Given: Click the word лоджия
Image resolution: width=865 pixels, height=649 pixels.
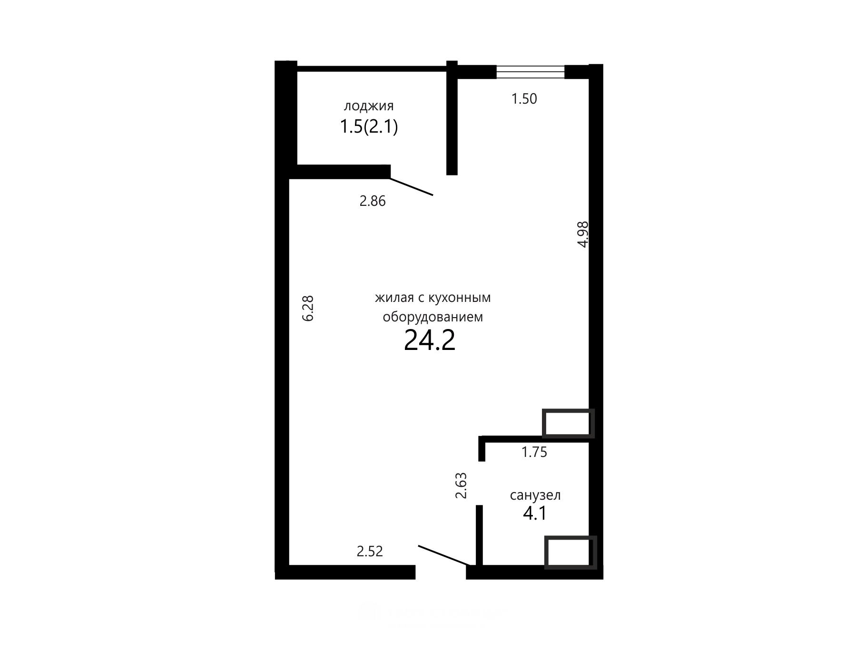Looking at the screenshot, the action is click(369, 106).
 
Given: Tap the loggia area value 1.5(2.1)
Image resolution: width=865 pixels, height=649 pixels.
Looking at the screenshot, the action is click(369, 127).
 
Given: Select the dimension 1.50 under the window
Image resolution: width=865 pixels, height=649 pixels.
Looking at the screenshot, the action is click(524, 99).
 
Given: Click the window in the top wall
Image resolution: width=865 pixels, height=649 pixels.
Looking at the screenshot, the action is click(530, 72).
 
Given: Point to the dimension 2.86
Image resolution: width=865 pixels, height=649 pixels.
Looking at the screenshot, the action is click(372, 201).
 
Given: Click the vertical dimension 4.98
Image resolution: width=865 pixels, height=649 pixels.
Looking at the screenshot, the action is click(583, 234).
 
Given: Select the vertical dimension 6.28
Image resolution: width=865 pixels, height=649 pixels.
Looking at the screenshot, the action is click(308, 309).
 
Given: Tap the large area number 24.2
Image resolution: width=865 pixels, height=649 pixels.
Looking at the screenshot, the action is click(430, 340).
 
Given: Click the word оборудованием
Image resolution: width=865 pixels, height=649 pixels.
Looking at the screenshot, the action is click(433, 317).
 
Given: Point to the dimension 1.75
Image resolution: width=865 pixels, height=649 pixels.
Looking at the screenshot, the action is click(534, 452).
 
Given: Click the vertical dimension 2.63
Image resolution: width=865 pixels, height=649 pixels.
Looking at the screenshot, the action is click(461, 485).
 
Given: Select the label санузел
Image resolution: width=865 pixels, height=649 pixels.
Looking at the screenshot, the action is click(535, 495).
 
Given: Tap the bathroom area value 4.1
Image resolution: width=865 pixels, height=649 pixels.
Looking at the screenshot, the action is click(535, 513).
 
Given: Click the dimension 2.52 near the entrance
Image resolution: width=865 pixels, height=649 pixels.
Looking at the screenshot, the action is click(370, 552).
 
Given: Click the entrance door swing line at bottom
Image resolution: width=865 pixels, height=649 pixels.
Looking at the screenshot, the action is click(444, 556).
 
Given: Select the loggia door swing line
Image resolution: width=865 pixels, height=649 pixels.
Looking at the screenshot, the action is click(412, 186).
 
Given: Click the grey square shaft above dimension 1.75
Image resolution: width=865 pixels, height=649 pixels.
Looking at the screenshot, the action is click(568, 423).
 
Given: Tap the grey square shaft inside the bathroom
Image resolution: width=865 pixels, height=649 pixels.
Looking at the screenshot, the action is click(570, 552).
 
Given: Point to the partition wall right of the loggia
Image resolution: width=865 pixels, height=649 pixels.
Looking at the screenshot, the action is click(452, 118).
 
